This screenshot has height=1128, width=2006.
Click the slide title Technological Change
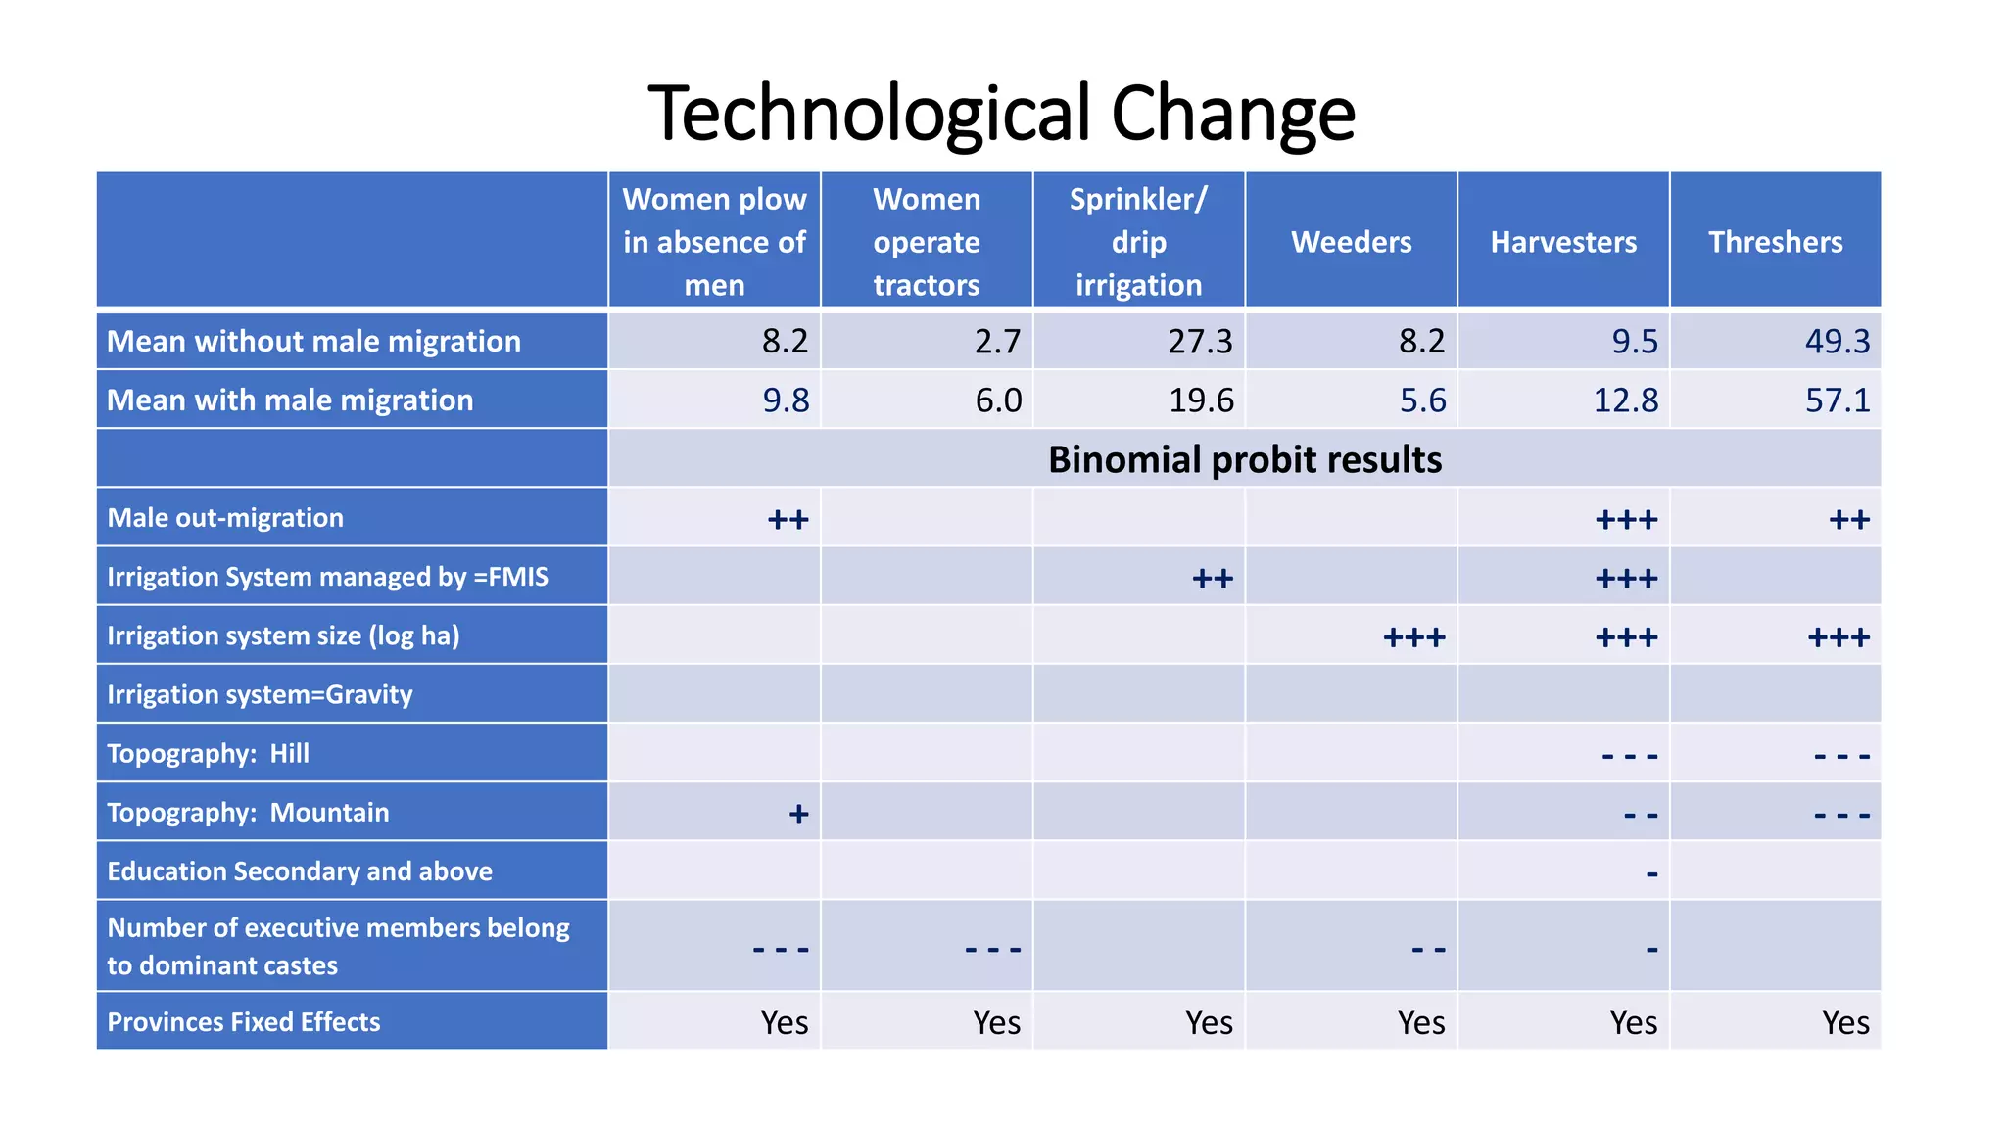(x=1001, y=114)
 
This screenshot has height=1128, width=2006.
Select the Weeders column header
(x=1351, y=242)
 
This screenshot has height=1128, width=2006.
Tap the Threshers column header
(x=1775, y=242)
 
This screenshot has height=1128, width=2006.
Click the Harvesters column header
(x=1563, y=242)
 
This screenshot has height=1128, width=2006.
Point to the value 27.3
(x=1200, y=342)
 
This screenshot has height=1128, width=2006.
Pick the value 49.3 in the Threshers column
(x=1837, y=342)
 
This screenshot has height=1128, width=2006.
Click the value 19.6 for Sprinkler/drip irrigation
(x=1201, y=400)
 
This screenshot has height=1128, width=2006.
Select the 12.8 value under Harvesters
(x=1625, y=400)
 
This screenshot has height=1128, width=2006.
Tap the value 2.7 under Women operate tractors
(x=997, y=342)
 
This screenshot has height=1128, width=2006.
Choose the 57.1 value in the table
(x=1837, y=400)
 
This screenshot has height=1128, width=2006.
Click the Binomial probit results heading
(x=1244, y=459)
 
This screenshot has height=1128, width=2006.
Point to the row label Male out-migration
(x=225, y=518)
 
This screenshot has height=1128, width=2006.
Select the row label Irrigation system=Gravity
(x=260, y=694)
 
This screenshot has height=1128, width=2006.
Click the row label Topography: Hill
(x=208, y=753)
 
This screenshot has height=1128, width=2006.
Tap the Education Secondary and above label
(x=300, y=870)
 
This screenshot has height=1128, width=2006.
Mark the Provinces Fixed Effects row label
(x=243, y=1021)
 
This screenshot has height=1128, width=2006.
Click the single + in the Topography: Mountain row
(x=798, y=814)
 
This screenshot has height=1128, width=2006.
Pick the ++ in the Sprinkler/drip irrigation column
(x=1212, y=579)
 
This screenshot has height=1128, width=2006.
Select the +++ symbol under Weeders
(x=1413, y=637)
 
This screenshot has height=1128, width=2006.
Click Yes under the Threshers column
(x=1844, y=1022)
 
